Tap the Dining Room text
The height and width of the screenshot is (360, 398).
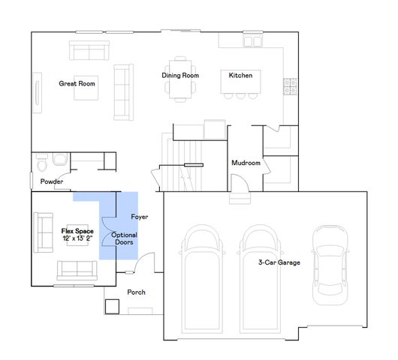(180, 76)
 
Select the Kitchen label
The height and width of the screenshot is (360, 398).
(240, 76)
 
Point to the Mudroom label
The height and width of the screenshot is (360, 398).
(246, 163)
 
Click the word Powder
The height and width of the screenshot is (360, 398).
(52, 181)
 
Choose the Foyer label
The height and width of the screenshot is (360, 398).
(140, 217)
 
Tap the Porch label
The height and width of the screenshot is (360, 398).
(136, 292)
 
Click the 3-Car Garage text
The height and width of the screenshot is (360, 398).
(279, 262)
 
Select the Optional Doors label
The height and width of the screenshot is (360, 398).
(124, 239)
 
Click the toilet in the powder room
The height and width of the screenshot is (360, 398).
(43, 163)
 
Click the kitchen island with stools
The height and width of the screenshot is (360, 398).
(237, 85)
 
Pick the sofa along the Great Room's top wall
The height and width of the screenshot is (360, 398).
(89, 50)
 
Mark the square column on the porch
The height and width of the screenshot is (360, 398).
(113, 307)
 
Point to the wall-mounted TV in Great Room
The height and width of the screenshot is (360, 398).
(36, 93)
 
